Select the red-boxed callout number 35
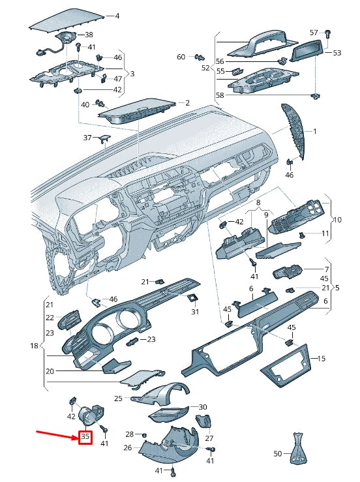tap(85, 437)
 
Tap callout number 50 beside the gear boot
tap(277, 453)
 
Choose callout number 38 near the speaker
tap(89, 35)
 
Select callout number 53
tap(337, 52)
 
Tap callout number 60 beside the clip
tap(181, 57)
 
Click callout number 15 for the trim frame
tap(320, 358)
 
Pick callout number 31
tap(194, 312)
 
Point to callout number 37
tap(87, 138)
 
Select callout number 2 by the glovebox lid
tap(187, 102)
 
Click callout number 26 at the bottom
tap(127, 447)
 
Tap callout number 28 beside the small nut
tap(129, 434)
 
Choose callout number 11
tap(325, 233)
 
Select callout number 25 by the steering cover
tap(118, 398)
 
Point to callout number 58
tap(220, 95)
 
